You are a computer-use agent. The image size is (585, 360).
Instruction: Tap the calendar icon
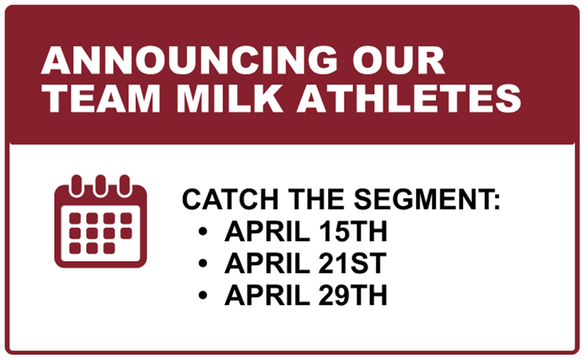pyautogui.click(x=101, y=220)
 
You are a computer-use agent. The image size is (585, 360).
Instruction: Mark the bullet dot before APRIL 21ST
pyautogui.click(x=203, y=264)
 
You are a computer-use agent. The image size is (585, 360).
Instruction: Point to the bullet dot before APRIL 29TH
pyautogui.click(x=203, y=296)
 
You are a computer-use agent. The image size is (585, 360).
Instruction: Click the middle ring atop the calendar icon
pyautogui.click(x=101, y=183)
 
